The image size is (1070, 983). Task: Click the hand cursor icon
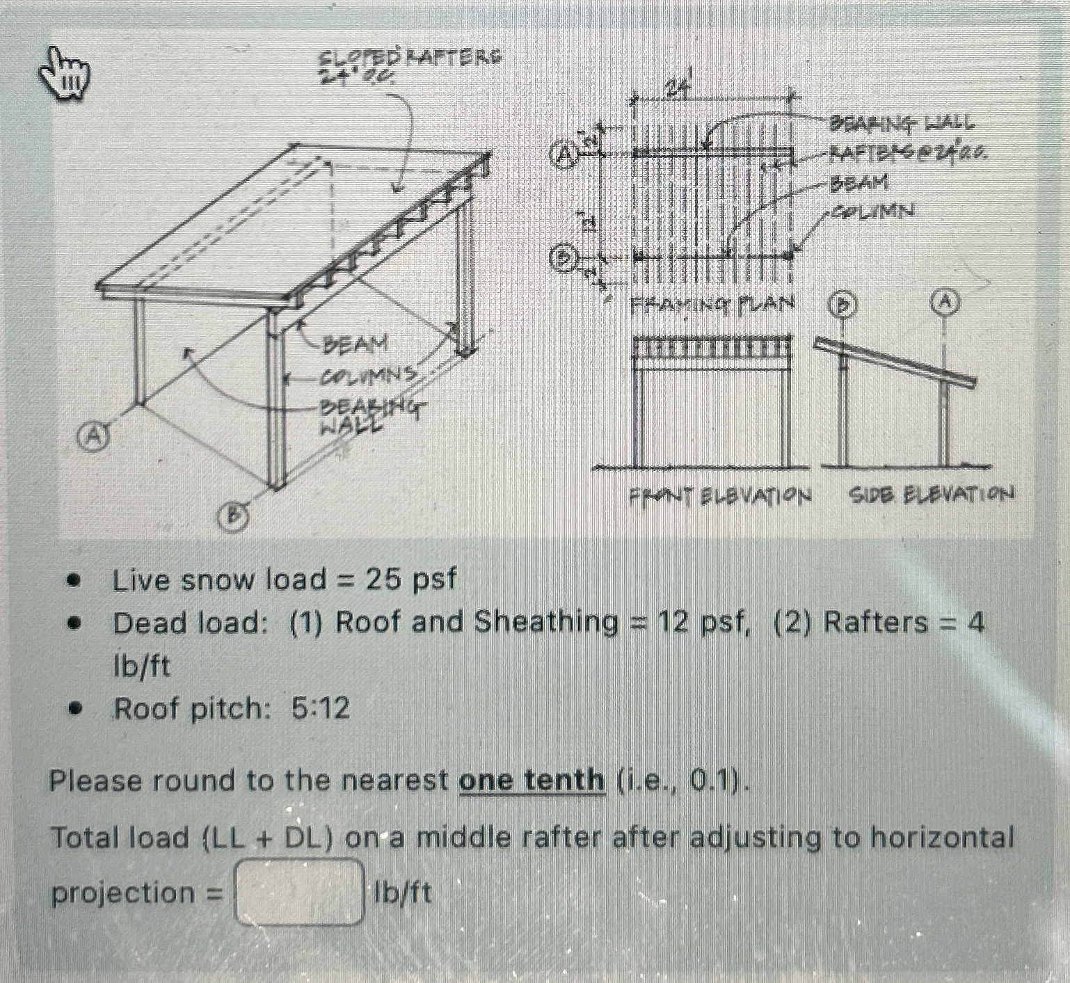[x=65, y=72]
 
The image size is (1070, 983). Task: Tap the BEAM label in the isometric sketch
[x=356, y=344]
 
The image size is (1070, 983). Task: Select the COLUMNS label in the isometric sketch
[x=367, y=376]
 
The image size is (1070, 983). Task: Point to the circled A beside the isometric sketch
[x=91, y=436]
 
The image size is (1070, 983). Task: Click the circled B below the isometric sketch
[x=234, y=516]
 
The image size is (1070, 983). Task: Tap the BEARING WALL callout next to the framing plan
[x=902, y=124]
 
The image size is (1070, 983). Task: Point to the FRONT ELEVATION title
[x=720, y=496]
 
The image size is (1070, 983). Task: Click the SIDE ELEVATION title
[x=930, y=495]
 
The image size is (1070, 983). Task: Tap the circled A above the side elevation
[x=945, y=301]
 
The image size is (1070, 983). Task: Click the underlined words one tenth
[x=532, y=781]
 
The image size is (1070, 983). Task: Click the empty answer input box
[x=301, y=892]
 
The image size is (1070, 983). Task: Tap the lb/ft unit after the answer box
[x=402, y=892]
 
